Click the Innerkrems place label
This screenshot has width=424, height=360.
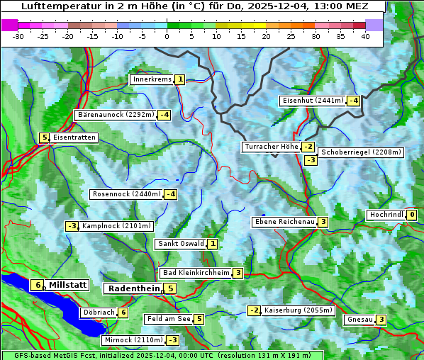point(152,79)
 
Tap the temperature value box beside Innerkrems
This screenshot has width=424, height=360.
point(180,79)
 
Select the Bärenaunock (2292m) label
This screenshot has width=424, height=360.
point(116,114)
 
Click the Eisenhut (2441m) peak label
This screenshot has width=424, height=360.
point(313,101)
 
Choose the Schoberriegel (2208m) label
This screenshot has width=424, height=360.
point(361,152)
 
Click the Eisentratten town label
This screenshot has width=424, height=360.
point(74,137)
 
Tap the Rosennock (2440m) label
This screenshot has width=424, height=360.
point(127,193)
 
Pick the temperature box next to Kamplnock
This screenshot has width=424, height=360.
point(72,226)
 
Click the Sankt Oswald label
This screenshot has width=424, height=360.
point(181,244)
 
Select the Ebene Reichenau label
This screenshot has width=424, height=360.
point(284,222)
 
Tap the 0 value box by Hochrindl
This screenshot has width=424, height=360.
point(412,215)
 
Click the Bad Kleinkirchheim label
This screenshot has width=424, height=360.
point(196,273)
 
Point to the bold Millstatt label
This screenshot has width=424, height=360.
point(67,285)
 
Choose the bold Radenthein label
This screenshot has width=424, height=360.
point(133,288)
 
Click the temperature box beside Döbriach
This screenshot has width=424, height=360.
point(123,313)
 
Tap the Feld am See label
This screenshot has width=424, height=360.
point(169,319)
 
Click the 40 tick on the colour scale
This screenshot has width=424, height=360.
point(365,35)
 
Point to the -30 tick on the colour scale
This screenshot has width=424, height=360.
point(19,35)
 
